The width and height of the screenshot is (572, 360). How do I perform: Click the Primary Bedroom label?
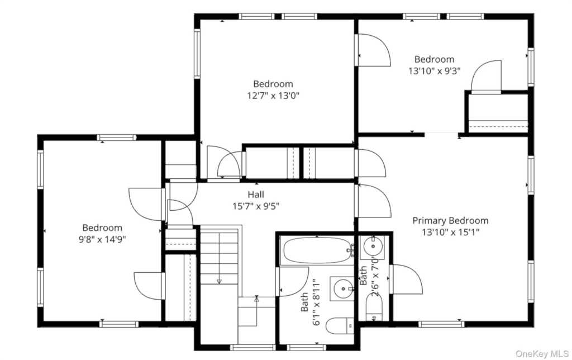[450, 220]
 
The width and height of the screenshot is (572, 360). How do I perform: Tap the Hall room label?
[256, 195]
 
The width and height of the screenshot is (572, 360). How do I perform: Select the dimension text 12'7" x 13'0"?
[273, 96]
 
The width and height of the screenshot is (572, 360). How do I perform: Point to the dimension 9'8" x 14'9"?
[102, 240]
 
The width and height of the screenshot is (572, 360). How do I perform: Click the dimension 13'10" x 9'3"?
[434, 71]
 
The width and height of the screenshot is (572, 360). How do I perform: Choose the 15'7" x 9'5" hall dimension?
[256, 206]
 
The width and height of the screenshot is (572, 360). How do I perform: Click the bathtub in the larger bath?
[317, 250]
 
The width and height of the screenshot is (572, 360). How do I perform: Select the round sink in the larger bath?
[342, 288]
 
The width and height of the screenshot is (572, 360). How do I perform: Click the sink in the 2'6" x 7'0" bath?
[372, 247]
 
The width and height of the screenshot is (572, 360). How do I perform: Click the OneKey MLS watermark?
[542, 353]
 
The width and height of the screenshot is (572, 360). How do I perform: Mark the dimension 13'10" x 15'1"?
[450, 232]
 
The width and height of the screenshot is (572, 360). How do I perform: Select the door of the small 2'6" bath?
[406, 280]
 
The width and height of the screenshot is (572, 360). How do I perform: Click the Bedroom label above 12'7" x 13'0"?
[273, 84]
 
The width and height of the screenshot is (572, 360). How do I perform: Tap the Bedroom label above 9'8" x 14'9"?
[102, 228]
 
